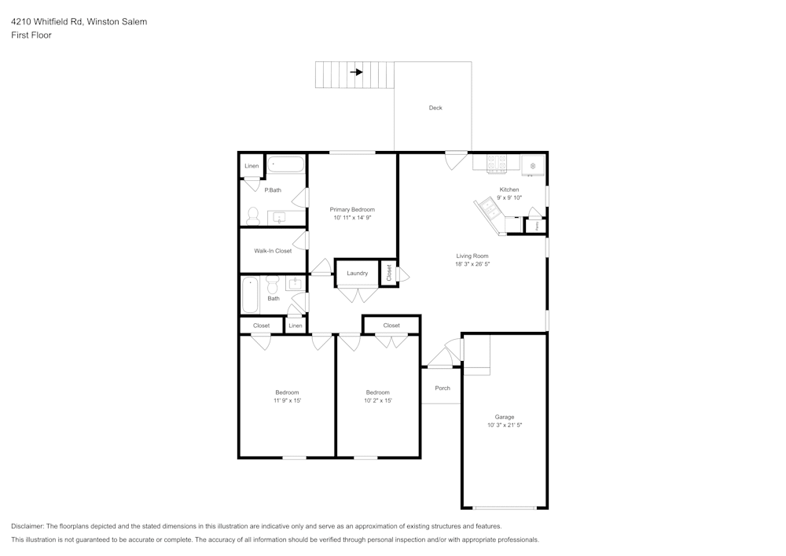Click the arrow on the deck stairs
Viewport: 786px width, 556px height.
point(356,72)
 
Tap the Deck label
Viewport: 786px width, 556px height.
point(435,108)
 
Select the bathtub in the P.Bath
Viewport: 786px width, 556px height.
point(285,165)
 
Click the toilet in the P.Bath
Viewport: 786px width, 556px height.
point(253,216)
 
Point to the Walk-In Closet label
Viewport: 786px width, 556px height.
point(273,251)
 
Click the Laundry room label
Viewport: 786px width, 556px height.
point(357,273)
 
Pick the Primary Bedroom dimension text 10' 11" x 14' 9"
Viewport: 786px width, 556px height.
point(352,218)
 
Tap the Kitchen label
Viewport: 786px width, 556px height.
point(509,190)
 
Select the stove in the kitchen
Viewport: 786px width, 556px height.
point(497,164)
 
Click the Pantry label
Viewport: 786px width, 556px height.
point(537,226)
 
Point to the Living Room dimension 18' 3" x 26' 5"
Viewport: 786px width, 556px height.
point(472,264)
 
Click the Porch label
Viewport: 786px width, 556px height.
point(443,388)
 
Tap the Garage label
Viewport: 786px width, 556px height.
point(504,417)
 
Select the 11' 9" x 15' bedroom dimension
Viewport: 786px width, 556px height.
point(287,400)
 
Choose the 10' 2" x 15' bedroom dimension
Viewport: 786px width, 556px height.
point(377,400)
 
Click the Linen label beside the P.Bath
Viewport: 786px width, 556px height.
point(252,166)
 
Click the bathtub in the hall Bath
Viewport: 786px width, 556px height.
point(250,295)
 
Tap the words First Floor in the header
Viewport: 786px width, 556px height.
point(31,35)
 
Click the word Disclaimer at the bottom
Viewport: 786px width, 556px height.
point(28,526)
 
